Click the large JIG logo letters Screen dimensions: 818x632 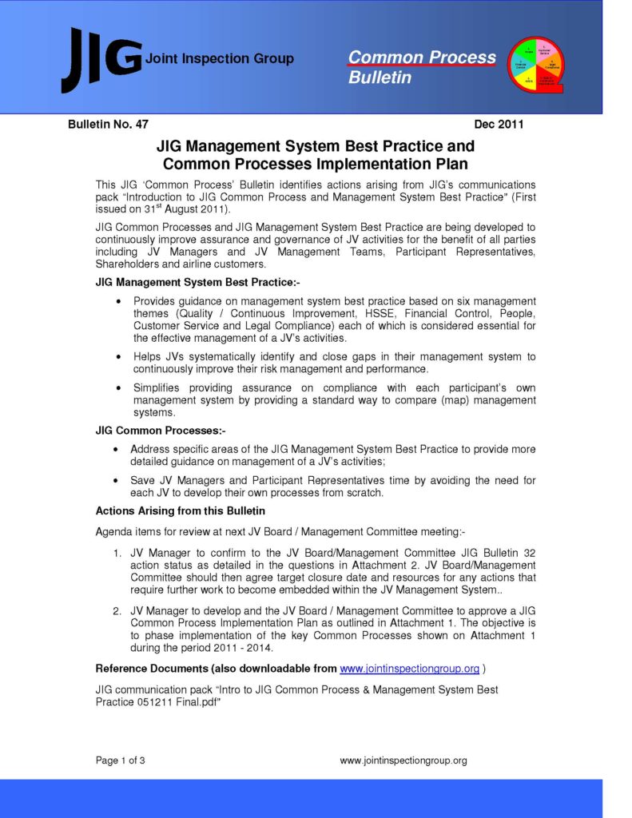101,59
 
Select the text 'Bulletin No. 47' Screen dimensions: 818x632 109,124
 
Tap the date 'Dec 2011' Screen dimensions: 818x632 499,124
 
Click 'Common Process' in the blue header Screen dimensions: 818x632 422,58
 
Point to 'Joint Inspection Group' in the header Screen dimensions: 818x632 220,59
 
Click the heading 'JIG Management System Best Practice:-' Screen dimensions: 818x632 197,282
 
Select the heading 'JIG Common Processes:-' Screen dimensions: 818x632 161,431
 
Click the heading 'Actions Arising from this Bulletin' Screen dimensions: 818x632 181,510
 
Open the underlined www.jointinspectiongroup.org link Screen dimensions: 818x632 409,669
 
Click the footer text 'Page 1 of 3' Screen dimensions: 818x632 121,760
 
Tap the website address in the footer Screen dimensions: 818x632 403,760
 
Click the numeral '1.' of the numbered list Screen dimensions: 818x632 117,552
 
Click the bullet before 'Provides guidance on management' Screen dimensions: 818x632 119,301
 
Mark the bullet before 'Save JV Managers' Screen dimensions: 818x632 119,481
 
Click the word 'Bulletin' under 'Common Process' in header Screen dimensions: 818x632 380,78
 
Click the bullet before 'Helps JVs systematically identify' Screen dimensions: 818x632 119,357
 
